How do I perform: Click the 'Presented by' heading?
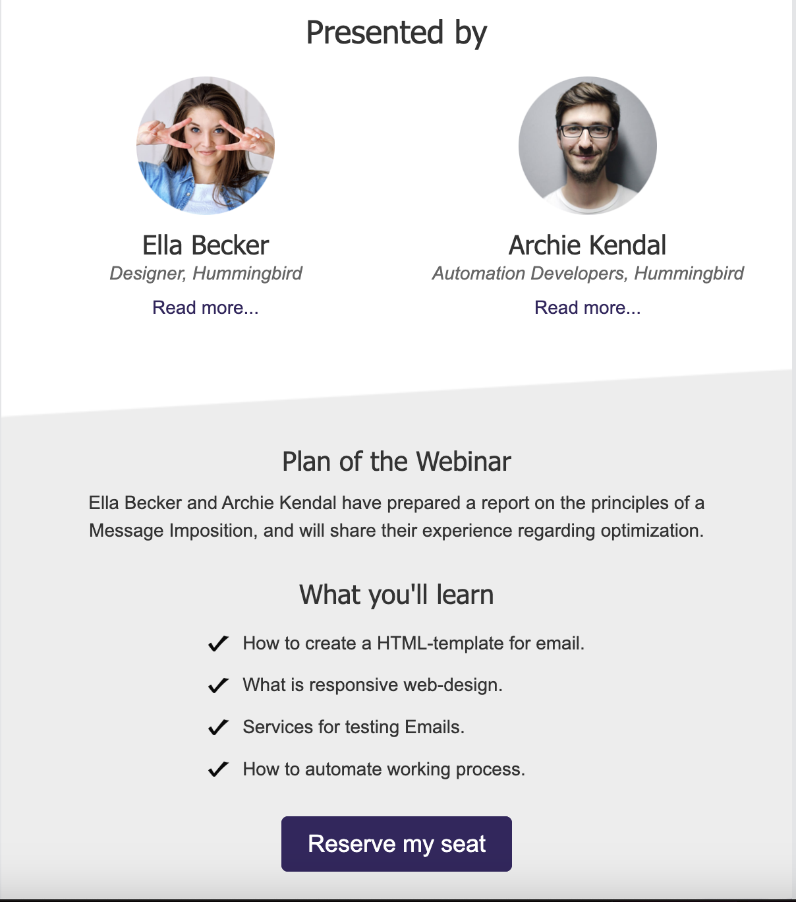(397, 33)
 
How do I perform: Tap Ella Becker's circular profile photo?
(206, 146)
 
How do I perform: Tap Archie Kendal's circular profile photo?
(587, 146)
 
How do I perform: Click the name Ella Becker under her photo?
(206, 245)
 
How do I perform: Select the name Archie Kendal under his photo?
(587, 245)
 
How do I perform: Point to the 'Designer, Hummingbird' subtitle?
(206, 274)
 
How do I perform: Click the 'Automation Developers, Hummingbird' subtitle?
(588, 274)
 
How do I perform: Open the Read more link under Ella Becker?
(205, 308)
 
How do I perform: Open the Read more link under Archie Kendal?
(587, 308)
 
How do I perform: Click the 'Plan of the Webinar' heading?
(397, 462)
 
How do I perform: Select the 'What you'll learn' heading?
(397, 595)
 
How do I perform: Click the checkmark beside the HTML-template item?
(219, 644)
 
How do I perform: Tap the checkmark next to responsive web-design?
(219, 685)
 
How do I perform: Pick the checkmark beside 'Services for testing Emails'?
(219, 727)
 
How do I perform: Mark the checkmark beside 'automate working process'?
(219, 769)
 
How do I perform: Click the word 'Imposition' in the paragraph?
(213, 531)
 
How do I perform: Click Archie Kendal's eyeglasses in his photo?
(586, 131)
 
